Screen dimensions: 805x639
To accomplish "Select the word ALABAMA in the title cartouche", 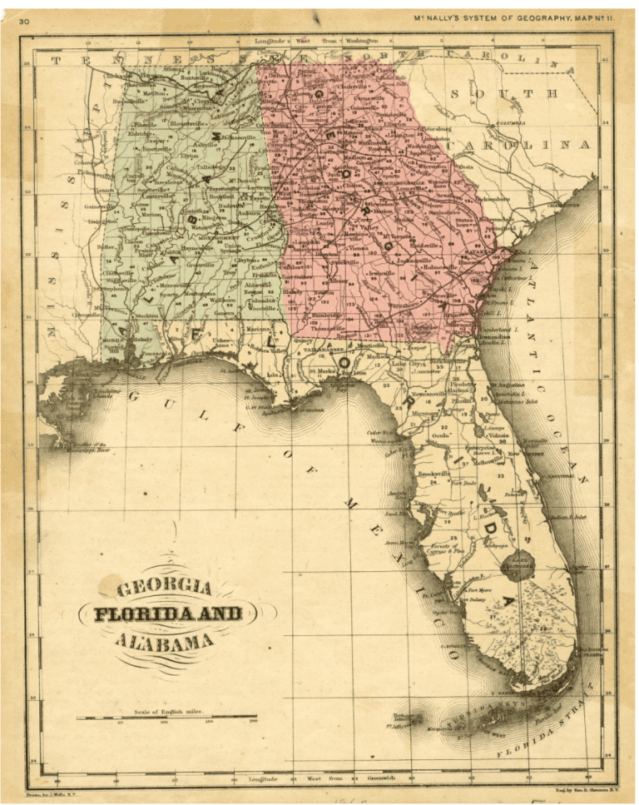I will click(164, 642).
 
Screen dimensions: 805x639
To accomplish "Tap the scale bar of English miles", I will click(166, 716).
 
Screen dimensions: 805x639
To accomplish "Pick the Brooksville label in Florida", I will click(433, 474).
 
